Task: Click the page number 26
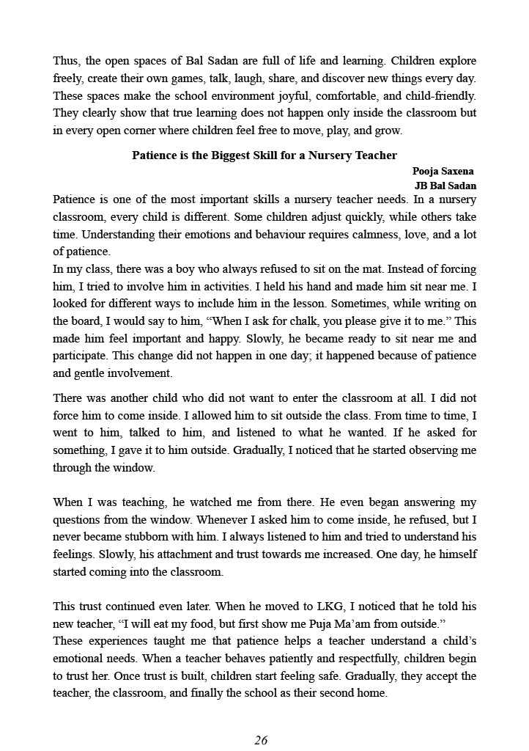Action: (x=261, y=739)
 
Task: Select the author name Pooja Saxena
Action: (x=443, y=171)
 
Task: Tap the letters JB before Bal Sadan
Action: (x=423, y=186)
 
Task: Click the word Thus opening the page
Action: (x=65, y=61)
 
